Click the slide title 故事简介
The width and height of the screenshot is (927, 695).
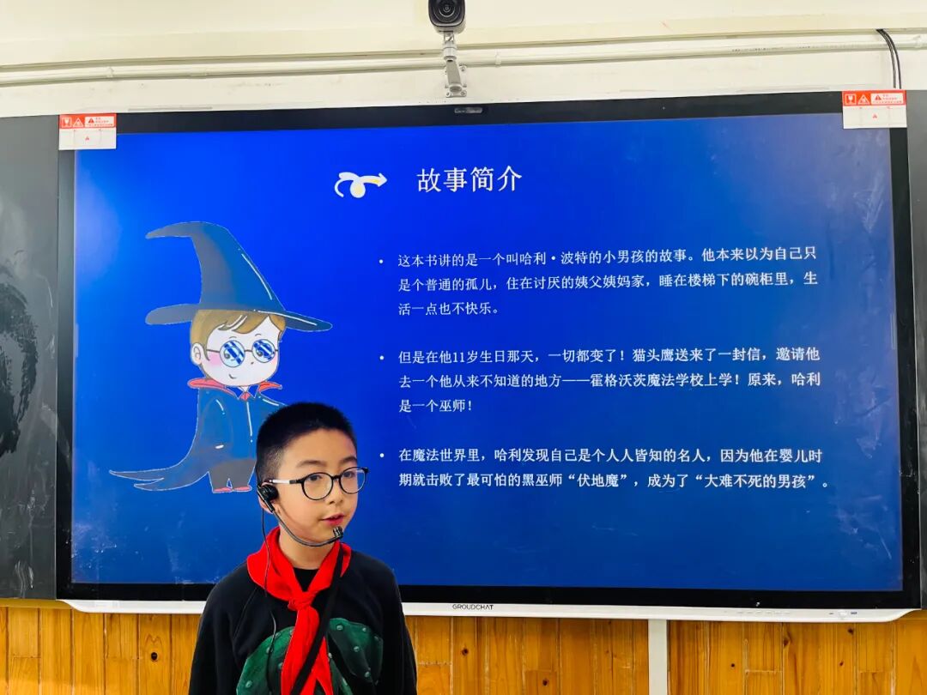coord(469,180)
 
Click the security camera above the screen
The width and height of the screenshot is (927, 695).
coord(447,15)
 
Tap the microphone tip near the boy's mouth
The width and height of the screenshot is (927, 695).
coord(338,533)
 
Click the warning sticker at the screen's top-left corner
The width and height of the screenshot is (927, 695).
coord(87,130)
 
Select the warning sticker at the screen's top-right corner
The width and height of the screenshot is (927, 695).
coord(874,108)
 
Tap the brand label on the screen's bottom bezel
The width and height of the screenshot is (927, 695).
coord(472,607)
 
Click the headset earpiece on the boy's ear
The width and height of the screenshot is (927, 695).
coord(268,493)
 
